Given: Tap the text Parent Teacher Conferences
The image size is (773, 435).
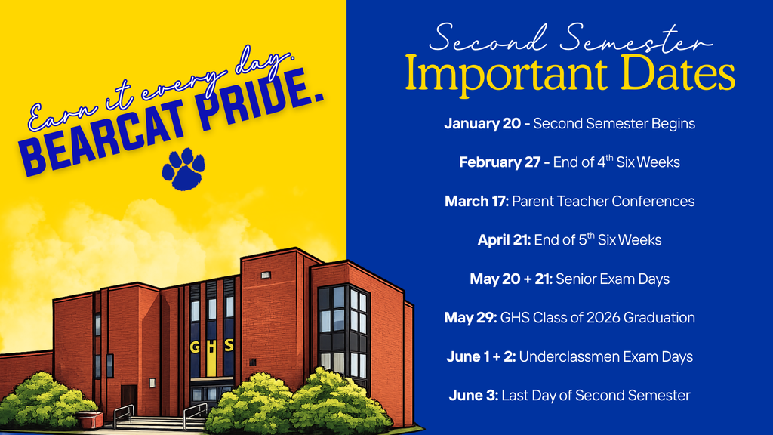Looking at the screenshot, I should [603, 202].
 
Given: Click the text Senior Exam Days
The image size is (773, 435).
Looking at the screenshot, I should [612, 279].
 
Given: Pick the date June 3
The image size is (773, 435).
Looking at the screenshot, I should [472, 396].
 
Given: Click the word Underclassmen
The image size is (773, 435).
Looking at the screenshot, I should [569, 357].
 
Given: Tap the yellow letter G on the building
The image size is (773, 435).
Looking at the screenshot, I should [194, 347].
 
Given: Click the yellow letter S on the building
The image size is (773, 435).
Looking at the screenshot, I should [229, 346].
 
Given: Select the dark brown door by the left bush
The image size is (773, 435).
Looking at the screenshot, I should [128, 400].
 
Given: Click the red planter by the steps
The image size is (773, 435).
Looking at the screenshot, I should [89, 420].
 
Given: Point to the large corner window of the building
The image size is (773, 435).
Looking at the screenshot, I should [343, 332].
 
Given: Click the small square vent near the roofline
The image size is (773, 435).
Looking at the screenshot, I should [266, 275].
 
